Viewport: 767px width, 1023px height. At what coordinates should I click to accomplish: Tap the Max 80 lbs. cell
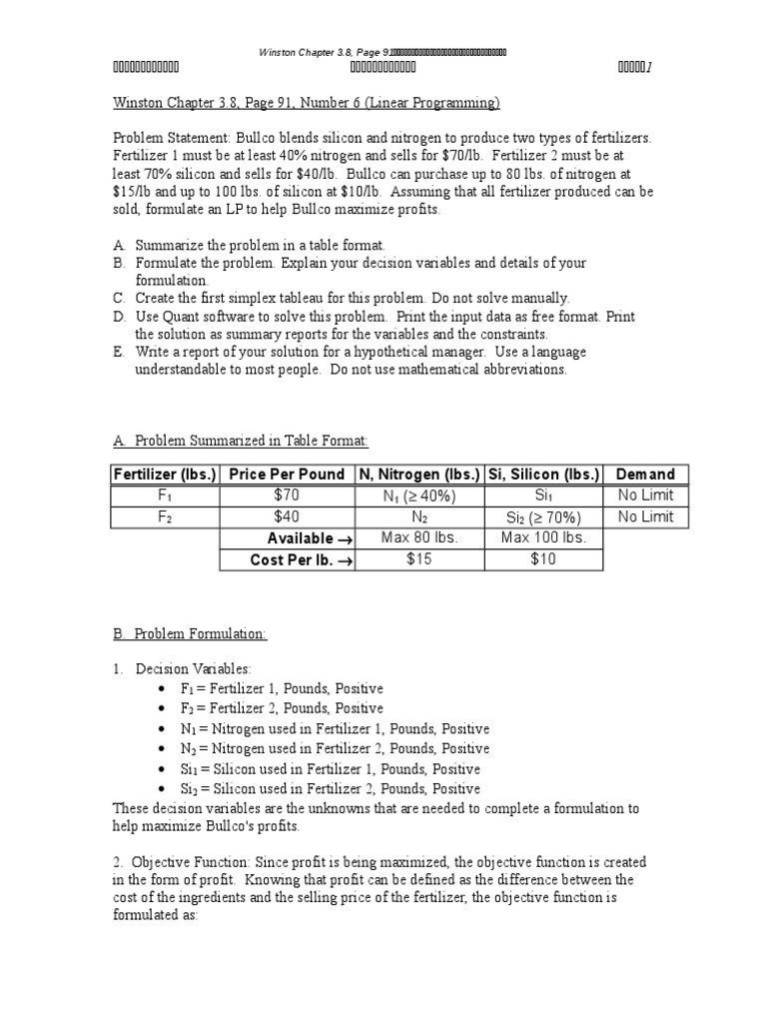(419, 538)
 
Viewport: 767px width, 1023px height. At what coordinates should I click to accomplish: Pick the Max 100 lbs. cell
(543, 538)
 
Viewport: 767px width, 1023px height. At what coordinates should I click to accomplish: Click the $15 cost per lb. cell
(419, 560)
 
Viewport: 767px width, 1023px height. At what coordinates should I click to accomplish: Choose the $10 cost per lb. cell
(543, 560)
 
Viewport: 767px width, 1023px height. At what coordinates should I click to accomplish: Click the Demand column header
(645, 475)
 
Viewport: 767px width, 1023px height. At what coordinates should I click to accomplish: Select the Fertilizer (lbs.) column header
(166, 475)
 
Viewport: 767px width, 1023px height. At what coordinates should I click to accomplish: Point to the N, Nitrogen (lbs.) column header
(419, 475)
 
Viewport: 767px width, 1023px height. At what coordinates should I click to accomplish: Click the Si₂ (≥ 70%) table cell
(543, 517)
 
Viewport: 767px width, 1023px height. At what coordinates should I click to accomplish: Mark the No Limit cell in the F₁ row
(645, 496)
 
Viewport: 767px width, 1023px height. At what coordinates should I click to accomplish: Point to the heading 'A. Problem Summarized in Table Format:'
(241, 441)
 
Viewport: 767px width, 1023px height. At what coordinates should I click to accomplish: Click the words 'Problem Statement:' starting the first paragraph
(158, 139)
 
